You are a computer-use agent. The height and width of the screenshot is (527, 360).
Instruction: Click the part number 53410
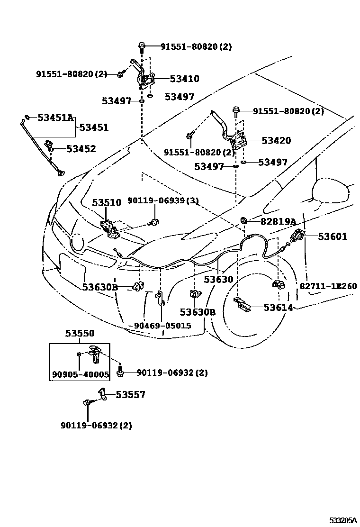(184, 79)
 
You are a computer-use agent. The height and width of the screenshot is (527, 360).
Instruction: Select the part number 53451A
(55, 118)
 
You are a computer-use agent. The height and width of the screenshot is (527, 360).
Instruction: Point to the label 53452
(81, 149)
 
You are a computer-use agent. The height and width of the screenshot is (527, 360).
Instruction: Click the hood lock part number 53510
(107, 203)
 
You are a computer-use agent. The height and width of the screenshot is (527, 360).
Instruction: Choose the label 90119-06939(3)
(163, 201)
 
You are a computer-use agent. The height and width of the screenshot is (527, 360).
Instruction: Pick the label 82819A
(278, 221)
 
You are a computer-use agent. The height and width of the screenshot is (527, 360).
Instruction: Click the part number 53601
(333, 236)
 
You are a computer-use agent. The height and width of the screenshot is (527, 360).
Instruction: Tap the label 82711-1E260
(328, 286)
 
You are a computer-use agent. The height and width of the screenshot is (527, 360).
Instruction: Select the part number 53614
(278, 308)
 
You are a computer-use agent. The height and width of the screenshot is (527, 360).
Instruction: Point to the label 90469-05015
(162, 326)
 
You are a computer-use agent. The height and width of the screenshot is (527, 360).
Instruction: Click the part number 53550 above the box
(80, 334)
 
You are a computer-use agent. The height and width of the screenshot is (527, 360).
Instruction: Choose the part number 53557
(131, 394)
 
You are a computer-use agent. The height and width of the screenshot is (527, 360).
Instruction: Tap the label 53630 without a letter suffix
(218, 279)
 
